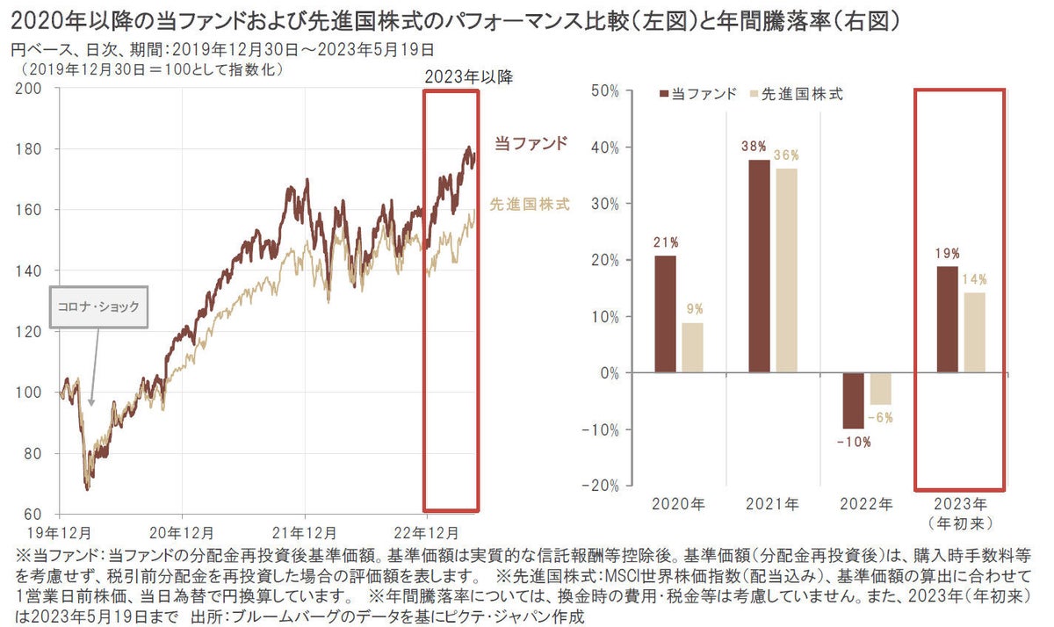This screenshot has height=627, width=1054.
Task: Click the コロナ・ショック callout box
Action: click(x=98, y=307)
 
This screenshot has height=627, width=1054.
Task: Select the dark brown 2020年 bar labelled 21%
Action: click(x=667, y=313)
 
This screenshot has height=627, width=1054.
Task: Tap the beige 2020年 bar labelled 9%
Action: click(x=692, y=348)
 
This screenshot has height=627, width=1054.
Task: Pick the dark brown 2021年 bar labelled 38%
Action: click(x=759, y=266)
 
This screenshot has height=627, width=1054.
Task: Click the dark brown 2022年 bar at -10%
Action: click(x=852, y=400)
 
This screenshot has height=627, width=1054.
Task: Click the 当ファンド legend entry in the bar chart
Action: click(x=697, y=94)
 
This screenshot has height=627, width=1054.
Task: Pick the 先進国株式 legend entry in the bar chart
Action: click(x=794, y=94)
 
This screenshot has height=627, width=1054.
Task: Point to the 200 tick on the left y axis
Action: click(x=32, y=89)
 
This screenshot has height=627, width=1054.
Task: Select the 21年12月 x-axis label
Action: click(x=304, y=533)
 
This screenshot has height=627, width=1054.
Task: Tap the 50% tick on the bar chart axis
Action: click(x=607, y=90)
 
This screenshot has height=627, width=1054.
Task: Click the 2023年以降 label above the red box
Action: click(x=468, y=76)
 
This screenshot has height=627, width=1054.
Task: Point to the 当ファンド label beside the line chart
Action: click(x=531, y=142)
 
